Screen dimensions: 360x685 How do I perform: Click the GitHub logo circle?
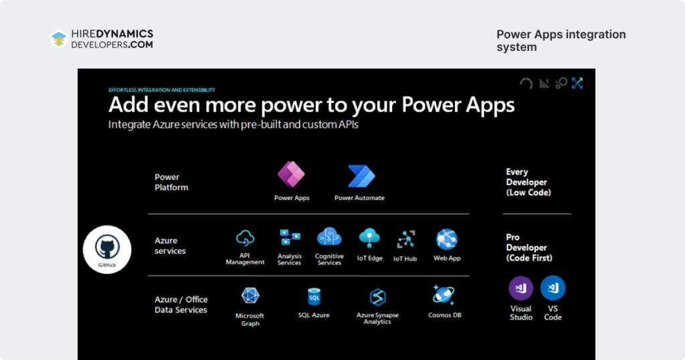coord(107,249)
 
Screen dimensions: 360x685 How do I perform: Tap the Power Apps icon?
coord(291,175)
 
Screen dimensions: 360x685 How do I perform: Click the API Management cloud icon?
coord(246,238)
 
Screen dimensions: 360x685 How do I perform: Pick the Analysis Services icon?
coord(290,238)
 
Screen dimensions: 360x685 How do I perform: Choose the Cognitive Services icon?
coord(329,237)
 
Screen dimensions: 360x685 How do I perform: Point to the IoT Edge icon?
coord(369,238)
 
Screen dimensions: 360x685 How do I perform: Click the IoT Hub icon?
coord(405,239)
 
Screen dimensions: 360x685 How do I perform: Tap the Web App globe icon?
coord(446,239)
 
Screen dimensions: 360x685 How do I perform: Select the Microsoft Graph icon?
coord(250,296)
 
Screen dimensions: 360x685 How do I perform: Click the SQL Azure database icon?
coord(314,296)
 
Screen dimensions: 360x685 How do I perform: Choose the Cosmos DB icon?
coord(444,295)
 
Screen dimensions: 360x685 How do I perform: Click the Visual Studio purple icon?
coord(521,288)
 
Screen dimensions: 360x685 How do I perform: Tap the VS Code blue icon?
coord(553,288)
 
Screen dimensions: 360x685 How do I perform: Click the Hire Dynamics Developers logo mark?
coord(59,39)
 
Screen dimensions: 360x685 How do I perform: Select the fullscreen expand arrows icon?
coord(577,83)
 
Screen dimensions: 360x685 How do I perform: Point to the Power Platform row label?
coord(171,182)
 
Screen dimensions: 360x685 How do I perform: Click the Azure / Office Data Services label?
coord(181,304)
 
